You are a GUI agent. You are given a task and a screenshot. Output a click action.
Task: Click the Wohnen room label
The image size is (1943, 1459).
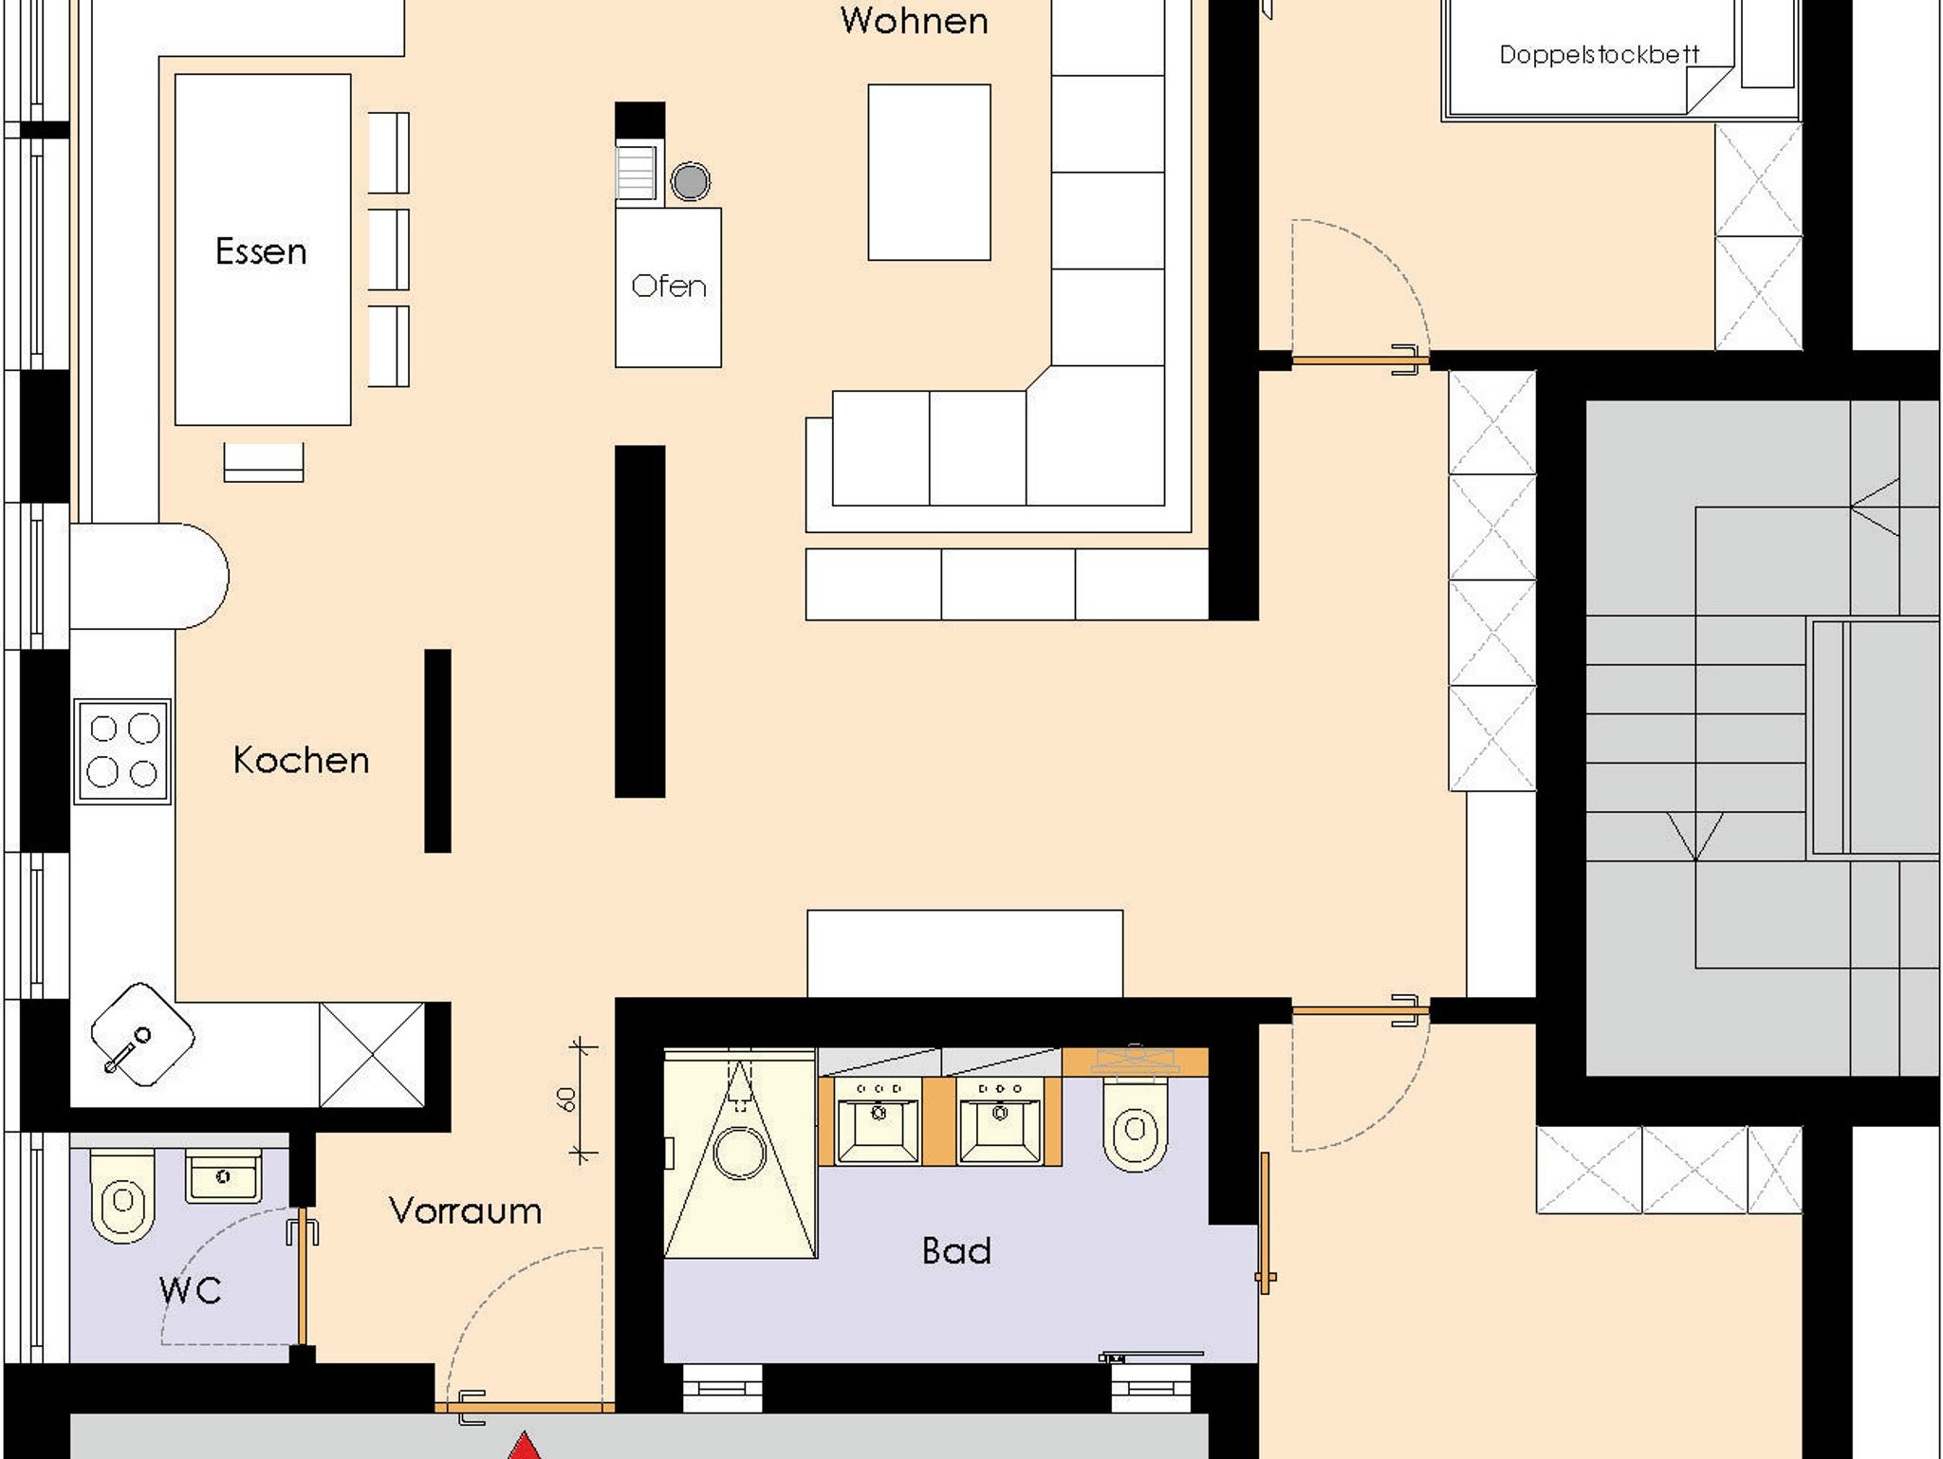[914, 21]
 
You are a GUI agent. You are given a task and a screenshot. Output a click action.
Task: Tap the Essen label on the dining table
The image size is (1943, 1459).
[261, 251]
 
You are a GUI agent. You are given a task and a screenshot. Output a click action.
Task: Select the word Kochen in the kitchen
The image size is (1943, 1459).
[301, 760]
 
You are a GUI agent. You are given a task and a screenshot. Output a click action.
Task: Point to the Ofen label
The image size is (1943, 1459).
[669, 286]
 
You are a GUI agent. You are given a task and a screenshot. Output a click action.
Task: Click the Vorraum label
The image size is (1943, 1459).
[465, 1210]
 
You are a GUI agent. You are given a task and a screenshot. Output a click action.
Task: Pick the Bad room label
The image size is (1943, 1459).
[956, 1251]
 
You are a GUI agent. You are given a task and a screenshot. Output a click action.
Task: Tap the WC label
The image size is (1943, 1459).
[191, 1290]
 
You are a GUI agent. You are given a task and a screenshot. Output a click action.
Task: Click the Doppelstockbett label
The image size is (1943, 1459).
[1599, 54]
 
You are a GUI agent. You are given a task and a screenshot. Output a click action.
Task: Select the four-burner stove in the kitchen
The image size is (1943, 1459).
[123, 751]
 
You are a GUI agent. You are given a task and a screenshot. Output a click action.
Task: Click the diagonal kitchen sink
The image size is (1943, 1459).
[142, 1034]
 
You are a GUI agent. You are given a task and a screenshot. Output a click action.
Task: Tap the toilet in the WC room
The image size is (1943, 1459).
[121, 1195]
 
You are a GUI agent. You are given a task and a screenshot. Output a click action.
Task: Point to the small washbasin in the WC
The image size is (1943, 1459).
[223, 1176]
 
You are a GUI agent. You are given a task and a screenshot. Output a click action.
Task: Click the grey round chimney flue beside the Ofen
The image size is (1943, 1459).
[691, 181]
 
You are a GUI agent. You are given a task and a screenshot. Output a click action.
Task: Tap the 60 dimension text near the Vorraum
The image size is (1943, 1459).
[565, 1100]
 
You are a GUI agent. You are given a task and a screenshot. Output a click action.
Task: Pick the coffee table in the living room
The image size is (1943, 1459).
[930, 172]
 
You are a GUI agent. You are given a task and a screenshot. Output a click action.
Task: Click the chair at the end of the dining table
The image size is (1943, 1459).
[264, 462]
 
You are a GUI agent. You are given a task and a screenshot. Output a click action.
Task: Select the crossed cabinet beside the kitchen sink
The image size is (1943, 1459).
[372, 1054]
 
